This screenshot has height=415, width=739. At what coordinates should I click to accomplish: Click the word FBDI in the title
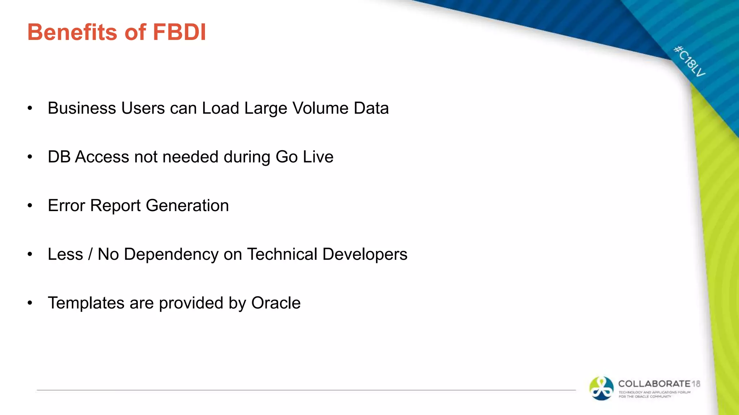pyautogui.click(x=179, y=32)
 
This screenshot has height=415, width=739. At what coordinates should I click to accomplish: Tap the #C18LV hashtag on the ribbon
pyautogui.click(x=690, y=61)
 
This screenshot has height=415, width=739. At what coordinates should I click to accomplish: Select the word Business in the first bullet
pyautogui.click(x=82, y=108)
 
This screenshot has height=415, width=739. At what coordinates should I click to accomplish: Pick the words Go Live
pyautogui.click(x=304, y=157)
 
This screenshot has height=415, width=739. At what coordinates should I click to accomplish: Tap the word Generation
pyautogui.click(x=187, y=205)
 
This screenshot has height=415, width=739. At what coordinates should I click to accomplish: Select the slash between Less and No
pyautogui.click(x=90, y=254)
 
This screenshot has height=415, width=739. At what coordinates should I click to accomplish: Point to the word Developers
pyautogui.click(x=365, y=254)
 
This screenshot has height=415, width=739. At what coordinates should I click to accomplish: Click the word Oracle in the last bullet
pyautogui.click(x=276, y=303)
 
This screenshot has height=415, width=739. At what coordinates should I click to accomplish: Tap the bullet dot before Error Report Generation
pyautogui.click(x=30, y=206)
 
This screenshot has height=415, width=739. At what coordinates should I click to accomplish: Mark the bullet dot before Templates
pyautogui.click(x=30, y=303)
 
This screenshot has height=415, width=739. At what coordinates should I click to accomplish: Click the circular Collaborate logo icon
pyautogui.click(x=601, y=388)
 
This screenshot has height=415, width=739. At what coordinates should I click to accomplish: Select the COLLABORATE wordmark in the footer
pyautogui.click(x=654, y=384)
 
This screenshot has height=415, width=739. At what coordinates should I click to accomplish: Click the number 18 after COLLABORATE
pyautogui.click(x=696, y=384)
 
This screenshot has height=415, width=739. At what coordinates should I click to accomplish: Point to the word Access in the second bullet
pyautogui.click(x=102, y=157)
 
